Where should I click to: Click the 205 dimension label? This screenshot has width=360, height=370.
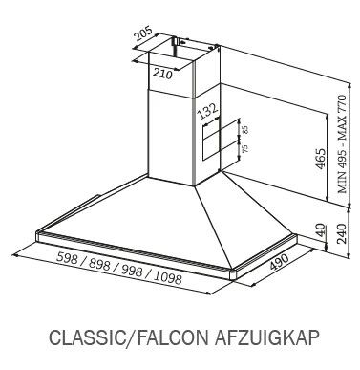tap(143, 33)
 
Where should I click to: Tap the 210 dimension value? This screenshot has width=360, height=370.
tap(162, 74)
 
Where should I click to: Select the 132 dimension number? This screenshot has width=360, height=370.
tap(208, 111)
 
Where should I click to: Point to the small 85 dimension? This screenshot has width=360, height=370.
tap(244, 130)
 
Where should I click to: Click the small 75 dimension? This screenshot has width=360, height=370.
tap(244, 148)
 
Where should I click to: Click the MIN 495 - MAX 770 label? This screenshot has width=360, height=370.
tap(342, 143)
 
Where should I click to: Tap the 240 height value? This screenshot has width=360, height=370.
tap(342, 233)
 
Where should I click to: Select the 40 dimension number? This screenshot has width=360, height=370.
tap(321, 229)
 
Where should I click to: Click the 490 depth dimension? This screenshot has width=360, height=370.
tap(279, 262)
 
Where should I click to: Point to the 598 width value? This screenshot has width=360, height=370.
tap(68, 258)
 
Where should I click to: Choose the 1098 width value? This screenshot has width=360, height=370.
tap(168, 278)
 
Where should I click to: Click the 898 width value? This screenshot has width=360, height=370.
tap(100, 265)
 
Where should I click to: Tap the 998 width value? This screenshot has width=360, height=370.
tap(132, 271)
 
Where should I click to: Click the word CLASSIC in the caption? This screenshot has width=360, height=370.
tap(86, 337)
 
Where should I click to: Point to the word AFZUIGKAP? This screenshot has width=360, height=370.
tap(266, 337)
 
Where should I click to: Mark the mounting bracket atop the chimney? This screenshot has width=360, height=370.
tap(174, 44)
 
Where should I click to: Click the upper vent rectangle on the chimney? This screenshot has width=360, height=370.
tap(220, 129)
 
